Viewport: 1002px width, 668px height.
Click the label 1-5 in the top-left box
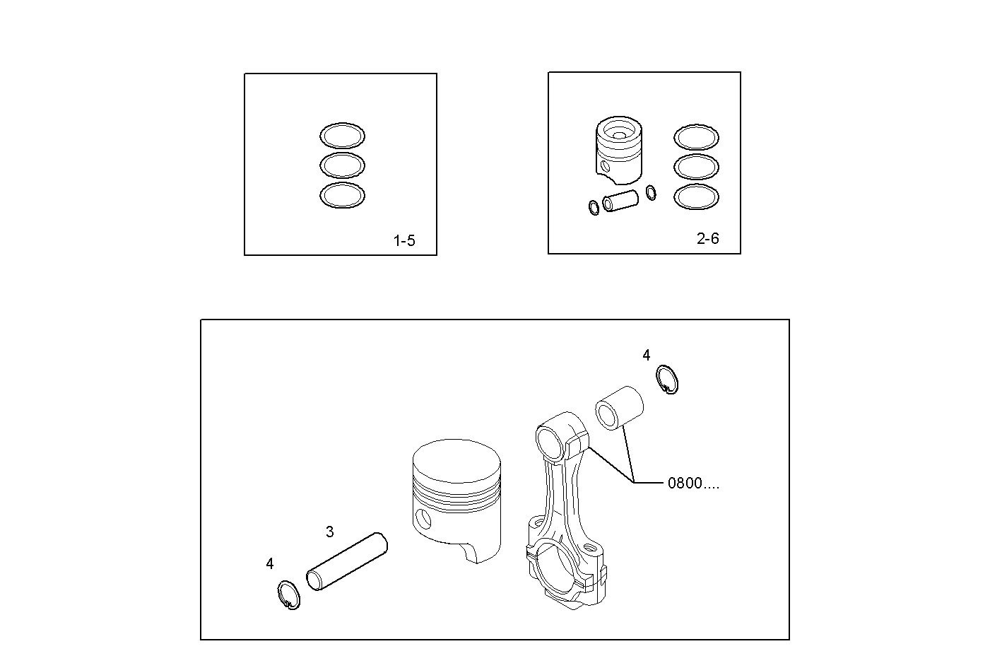(404, 241)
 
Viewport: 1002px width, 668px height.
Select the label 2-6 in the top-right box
(707, 239)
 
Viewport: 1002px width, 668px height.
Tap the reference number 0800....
(693, 484)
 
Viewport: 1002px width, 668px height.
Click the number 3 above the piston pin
(329, 532)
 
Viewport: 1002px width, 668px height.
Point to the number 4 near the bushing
(646, 356)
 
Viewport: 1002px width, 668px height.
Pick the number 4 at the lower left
(270, 564)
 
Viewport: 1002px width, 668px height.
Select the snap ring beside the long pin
(288, 594)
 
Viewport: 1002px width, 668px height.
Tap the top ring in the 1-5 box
(342, 135)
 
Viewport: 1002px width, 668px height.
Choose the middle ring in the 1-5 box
(342, 165)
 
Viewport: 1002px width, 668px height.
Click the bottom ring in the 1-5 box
(342, 196)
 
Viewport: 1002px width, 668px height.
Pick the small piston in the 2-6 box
(619, 151)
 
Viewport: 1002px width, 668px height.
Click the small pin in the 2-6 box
(620, 201)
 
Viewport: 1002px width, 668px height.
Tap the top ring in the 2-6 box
(696, 137)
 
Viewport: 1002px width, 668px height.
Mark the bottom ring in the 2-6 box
(696, 197)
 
